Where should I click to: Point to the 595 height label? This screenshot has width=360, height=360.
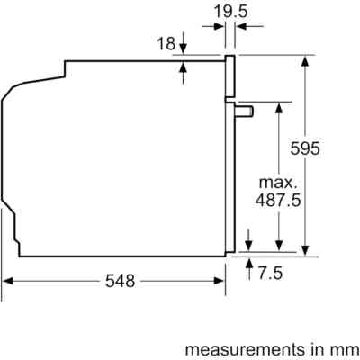pos(306,149)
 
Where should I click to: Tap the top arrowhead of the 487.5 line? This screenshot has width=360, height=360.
pos(280,106)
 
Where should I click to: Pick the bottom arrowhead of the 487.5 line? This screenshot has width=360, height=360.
pos(280,244)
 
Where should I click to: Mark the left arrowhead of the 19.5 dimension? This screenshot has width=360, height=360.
pos(220,27)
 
